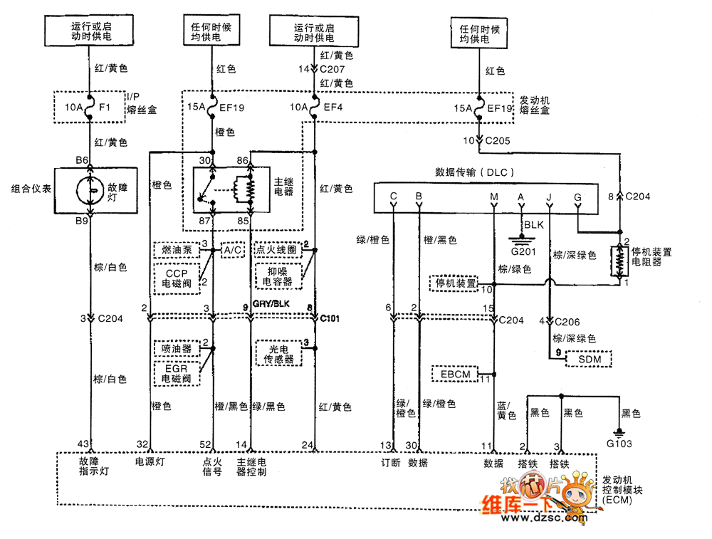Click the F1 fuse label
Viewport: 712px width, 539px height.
pos(104,108)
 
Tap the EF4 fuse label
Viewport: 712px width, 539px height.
pos(334,108)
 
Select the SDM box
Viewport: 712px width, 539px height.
pos(590,359)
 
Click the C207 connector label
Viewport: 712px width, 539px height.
pos(332,70)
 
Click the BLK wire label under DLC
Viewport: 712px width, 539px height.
pos(535,225)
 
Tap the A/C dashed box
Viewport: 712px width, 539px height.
pos(233,251)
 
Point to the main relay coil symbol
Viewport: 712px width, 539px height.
pos(250,189)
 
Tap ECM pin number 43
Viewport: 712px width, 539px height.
pos(83,445)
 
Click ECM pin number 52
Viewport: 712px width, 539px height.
pos(206,445)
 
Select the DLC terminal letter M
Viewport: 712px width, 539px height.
pos(494,196)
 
